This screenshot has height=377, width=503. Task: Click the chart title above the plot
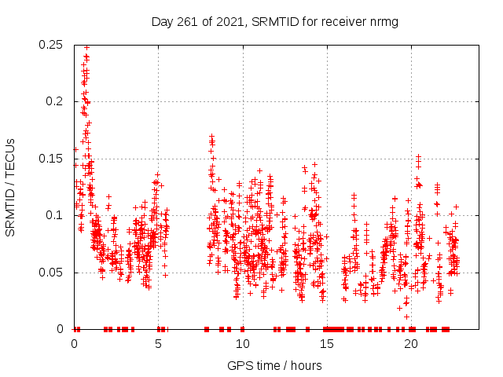(x=274, y=22)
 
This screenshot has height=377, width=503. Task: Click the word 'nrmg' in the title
(x=384, y=22)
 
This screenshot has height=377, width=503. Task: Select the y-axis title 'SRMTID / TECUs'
(x=10, y=187)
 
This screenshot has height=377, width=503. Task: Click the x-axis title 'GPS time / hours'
(x=274, y=365)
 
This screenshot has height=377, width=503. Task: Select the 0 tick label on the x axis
(x=75, y=344)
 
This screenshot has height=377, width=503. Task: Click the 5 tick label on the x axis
(x=159, y=344)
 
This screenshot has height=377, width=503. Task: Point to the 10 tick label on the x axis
(x=243, y=344)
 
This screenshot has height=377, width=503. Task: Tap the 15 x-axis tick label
(x=327, y=344)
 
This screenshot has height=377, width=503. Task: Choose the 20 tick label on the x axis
(x=411, y=344)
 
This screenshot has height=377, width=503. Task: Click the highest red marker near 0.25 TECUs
(x=86, y=47)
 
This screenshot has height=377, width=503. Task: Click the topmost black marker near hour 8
(x=211, y=137)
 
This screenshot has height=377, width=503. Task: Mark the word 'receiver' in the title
(x=344, y=22)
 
